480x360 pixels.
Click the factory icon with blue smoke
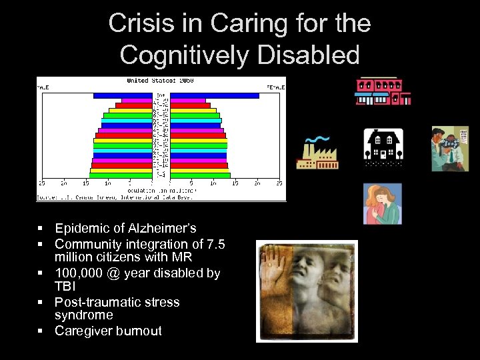(x=317, y=153)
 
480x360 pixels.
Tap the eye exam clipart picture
(x=450, y=149)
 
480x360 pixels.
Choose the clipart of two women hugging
(x=383, y=203)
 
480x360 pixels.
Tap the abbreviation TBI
(x=65, y=287)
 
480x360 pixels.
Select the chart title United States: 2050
(x=160, y=81)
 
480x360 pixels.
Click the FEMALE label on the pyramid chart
(x=276, y=87)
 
